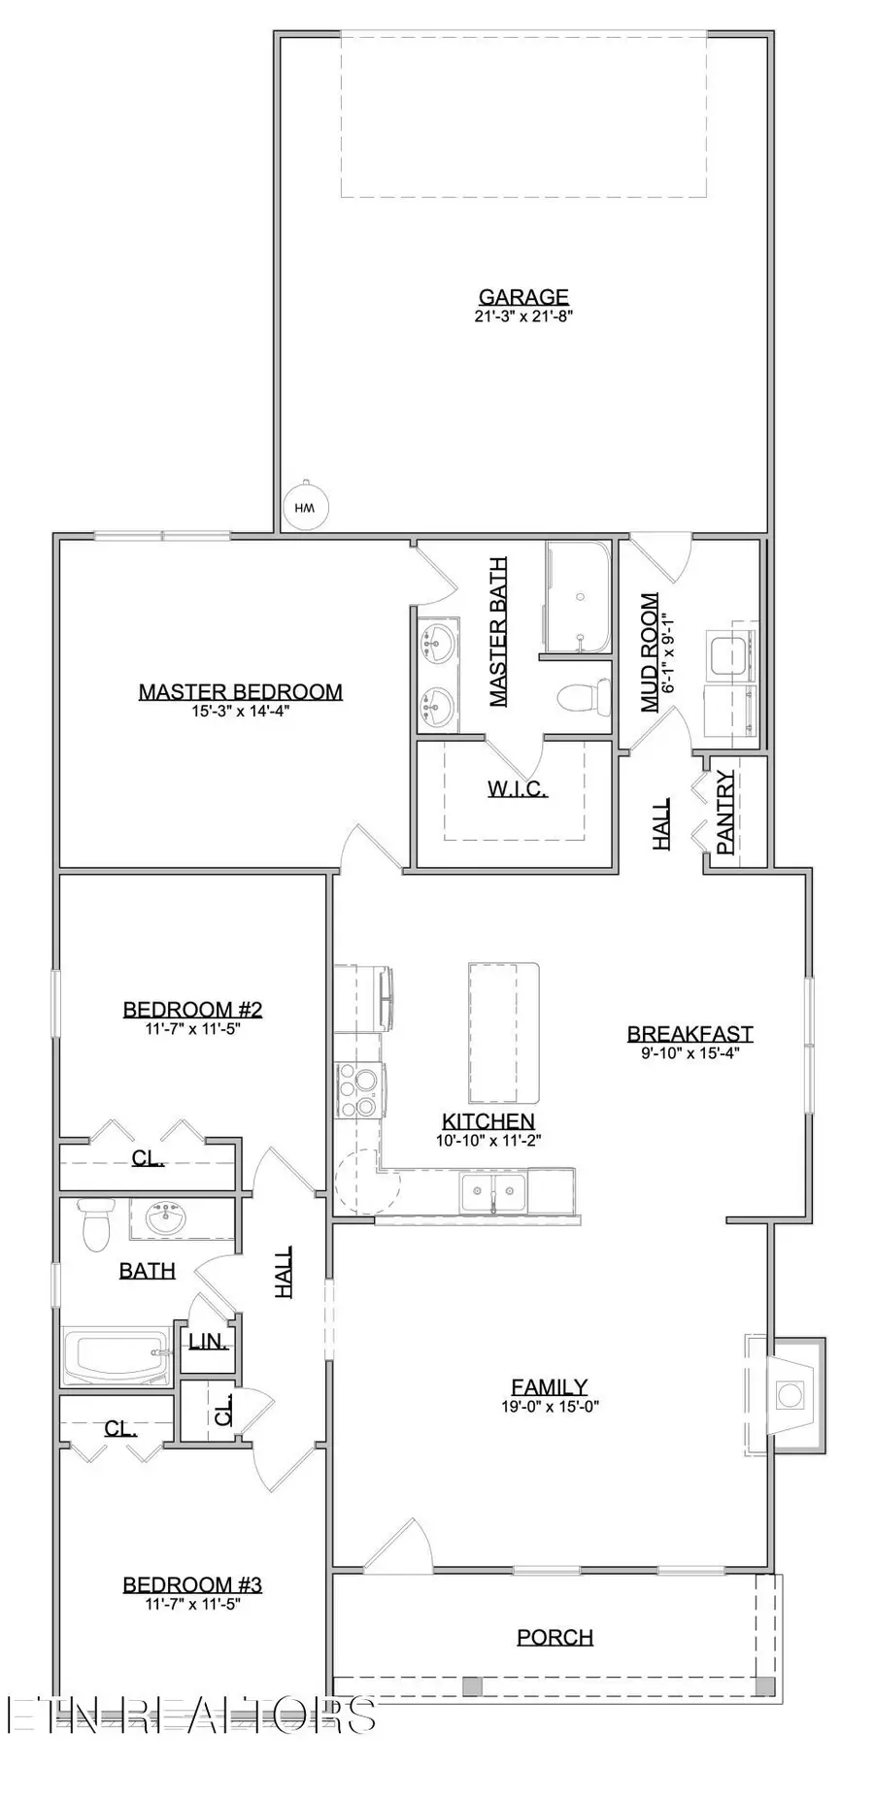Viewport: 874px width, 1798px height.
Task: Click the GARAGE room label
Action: (x=523, y=297)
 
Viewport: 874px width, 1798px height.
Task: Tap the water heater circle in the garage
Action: (x=305, y=507)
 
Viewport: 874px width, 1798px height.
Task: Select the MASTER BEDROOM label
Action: (x=240, y=692)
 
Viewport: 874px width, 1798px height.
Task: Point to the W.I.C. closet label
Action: (x=517, y=788)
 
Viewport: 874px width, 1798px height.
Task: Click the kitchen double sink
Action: (x=493, y=1191)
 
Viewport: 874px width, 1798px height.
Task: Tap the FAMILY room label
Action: (x=550, y=1387)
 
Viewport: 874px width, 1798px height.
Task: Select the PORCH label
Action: (x=555, y=1637)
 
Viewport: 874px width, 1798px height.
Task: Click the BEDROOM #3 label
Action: (x=192, y=1584)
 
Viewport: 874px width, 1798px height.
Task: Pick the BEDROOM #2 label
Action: (x=192, y=1010)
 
